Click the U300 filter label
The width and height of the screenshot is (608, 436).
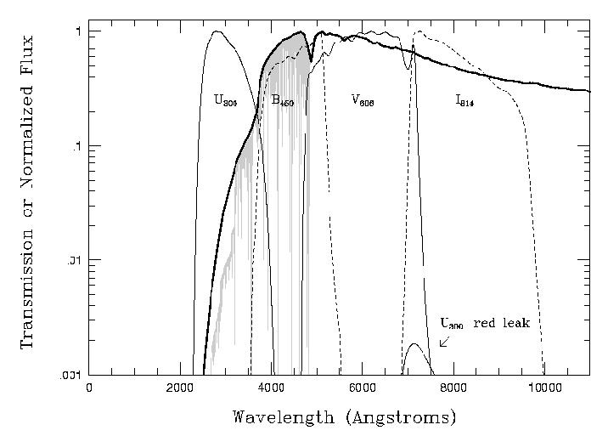tap(225, 101)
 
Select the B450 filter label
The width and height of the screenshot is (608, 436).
tap(283, 101)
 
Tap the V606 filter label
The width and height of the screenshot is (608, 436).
tap(363, 101)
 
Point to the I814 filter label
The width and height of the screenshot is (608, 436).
tap(464, 101)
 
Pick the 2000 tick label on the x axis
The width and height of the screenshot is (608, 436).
tap(179, 388)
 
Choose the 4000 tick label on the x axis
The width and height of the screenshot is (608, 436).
tap(271, 388)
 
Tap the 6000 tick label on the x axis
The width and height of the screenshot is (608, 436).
tap(362, 388)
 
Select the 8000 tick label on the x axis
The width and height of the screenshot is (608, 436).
tap(453, 388)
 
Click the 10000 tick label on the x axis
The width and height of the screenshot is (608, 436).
tap(543, 388)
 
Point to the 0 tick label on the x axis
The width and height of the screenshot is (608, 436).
tap(89, 388)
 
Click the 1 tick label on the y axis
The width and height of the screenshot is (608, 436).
tap(77, 31)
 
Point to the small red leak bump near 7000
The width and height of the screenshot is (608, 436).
tap(414, 348)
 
